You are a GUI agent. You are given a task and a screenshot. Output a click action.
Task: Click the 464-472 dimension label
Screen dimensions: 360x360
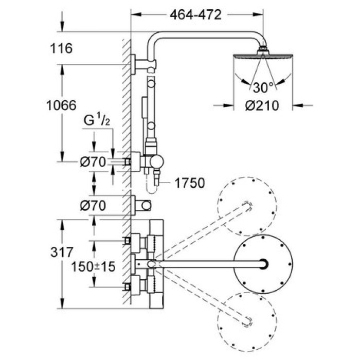(x=195, y=15)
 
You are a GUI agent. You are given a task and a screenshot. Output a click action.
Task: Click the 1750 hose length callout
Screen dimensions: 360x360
(x=189, y=183)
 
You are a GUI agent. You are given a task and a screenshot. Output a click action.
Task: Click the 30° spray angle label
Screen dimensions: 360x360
(x=263, y=85)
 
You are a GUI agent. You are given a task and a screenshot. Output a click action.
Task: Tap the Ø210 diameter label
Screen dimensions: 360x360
(x=261, y=106)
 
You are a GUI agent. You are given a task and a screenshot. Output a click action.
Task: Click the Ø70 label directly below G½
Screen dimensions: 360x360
(x=93, y=162)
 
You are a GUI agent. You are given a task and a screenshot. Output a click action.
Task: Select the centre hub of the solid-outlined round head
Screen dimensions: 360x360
(x=264, y=264)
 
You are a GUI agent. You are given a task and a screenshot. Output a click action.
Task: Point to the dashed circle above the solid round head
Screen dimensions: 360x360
(x=244, y=203)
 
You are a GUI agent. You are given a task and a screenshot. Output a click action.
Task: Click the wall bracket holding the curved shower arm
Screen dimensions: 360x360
(x=135, y=64)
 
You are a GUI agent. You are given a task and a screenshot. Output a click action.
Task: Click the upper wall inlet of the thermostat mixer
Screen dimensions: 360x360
(x=135, y=240)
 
